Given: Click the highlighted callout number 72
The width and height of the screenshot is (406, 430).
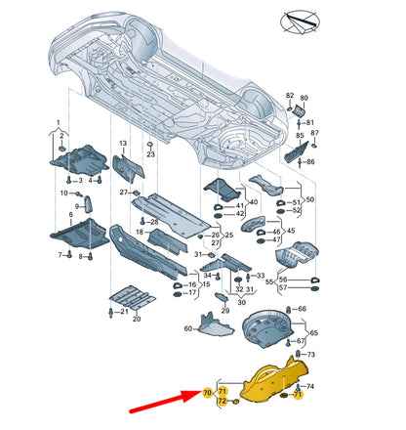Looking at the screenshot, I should [223, 402].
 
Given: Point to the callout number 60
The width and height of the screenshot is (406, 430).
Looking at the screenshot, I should [189, 329].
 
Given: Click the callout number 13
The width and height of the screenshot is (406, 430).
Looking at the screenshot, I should [124, 144].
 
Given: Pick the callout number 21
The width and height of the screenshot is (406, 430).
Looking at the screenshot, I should [124, 312].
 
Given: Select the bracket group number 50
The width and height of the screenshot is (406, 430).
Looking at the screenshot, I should [310, 199].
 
